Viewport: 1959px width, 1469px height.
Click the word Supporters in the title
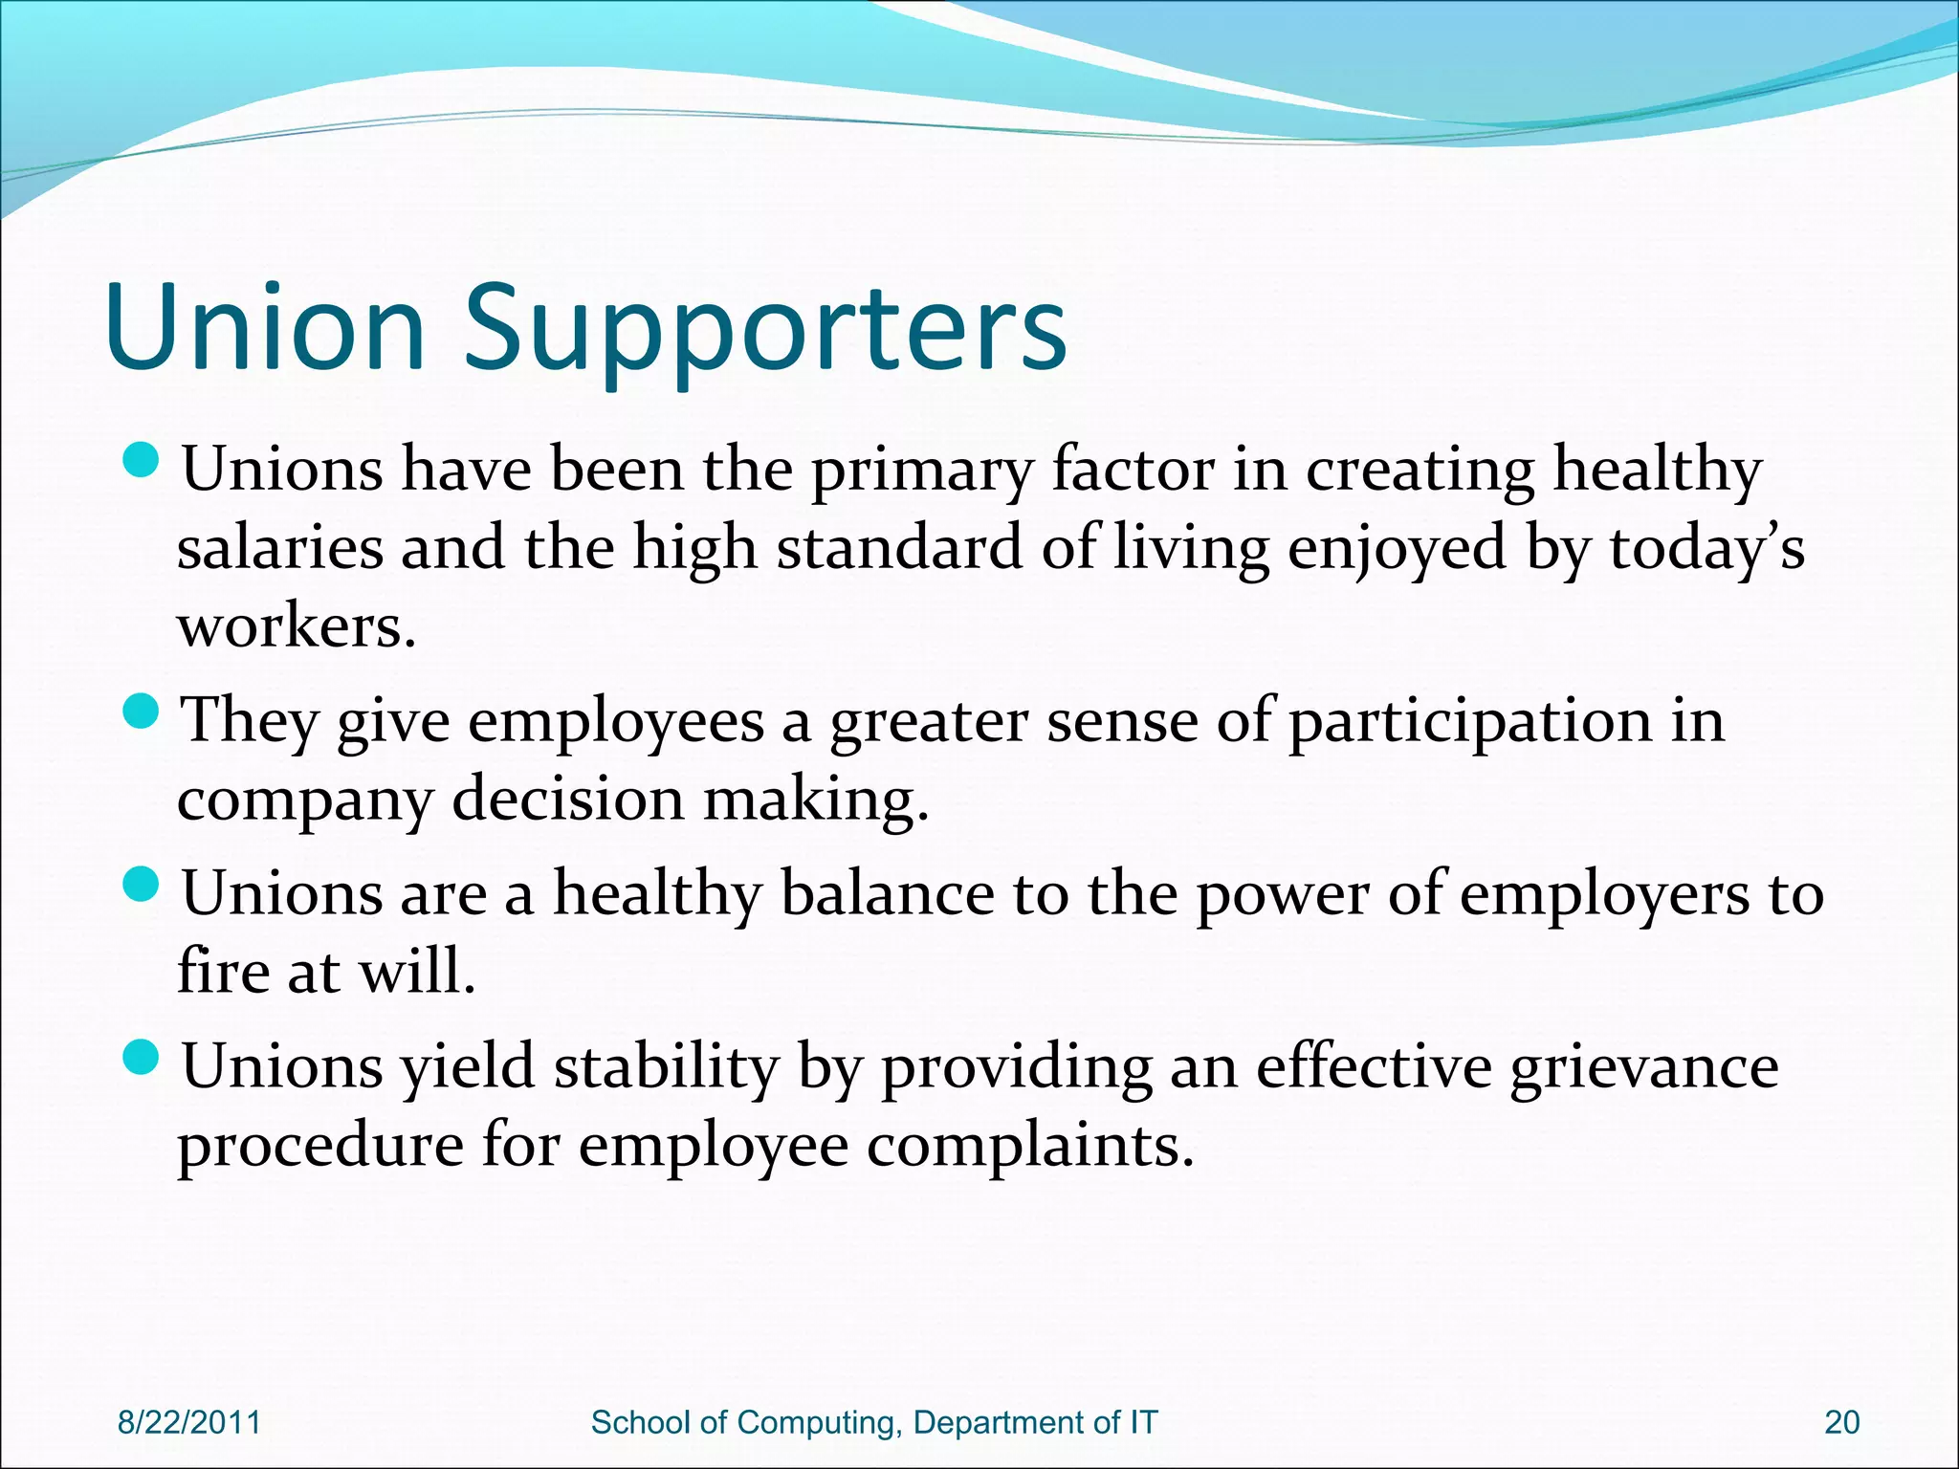(765, 330)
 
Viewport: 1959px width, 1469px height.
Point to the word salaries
(279, 550)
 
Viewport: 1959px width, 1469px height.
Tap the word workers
(297, 628)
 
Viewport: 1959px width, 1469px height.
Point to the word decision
(567, 799)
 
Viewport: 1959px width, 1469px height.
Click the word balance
(888, 894)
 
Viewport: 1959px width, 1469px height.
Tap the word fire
(223, 972)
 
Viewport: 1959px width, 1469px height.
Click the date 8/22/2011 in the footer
(188, 1422)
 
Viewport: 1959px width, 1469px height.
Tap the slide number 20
(1841, 1422)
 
